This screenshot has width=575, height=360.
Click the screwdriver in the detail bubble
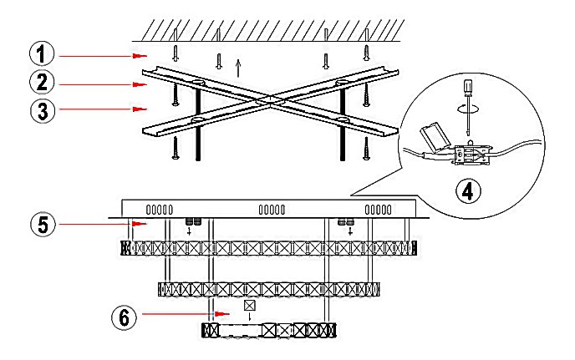click(x=469, y=104)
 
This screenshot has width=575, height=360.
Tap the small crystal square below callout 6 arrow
click(x=249, y=306)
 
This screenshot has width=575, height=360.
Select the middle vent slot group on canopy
click(x=272, y=210)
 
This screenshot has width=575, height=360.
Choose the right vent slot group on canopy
click(x=379, y=210)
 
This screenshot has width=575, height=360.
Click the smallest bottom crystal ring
click(x=268, y=329)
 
